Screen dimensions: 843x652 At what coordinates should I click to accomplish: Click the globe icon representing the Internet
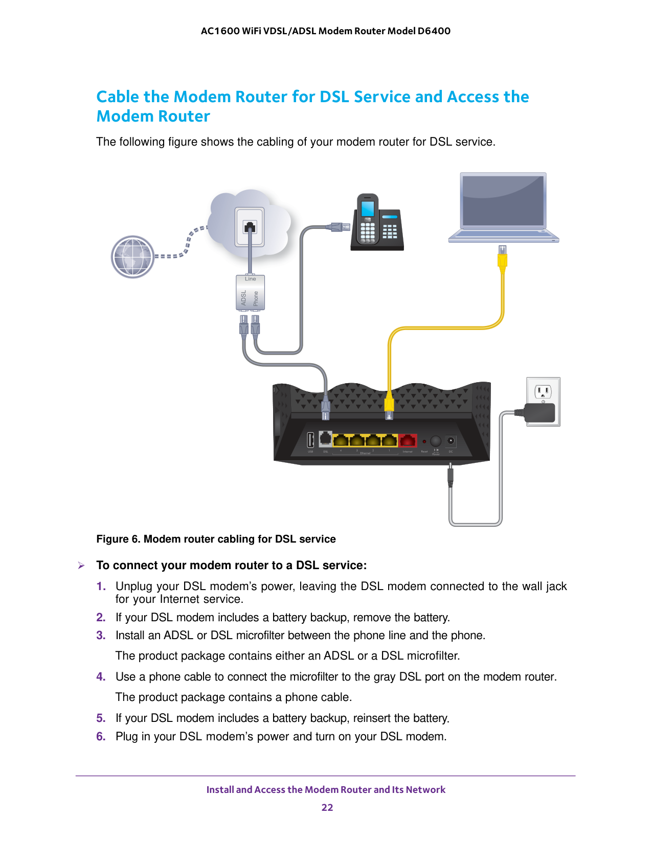click(133, 256)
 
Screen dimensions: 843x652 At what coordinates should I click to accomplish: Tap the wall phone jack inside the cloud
click(250, 227)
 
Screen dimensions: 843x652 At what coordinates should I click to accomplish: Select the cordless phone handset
click(368, 219)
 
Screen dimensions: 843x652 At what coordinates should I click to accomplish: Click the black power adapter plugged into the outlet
click(541, 413)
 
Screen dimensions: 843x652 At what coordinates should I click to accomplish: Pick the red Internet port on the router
click(408, 440)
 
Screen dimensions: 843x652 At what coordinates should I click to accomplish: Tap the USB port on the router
click(310, 440)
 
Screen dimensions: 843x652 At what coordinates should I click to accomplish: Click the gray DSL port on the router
click(326, 438)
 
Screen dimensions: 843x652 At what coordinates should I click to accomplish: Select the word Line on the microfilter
click(250, 279)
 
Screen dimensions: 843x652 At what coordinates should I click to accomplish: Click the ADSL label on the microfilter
click(244, 298)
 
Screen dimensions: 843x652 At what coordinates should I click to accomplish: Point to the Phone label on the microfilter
click(256, 298)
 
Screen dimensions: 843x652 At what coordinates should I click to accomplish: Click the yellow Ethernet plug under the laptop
click(502, 260)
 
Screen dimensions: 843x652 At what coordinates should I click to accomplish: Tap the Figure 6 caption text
click(216, 539)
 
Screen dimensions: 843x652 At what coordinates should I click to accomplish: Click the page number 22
click(327, 807)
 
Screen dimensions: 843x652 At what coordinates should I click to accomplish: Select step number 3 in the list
click(101, 635)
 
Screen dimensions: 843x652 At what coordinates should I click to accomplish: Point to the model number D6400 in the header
click(434, 31)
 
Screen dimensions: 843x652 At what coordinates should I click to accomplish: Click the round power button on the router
click(436, 440)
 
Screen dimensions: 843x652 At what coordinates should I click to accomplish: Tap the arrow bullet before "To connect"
click(81, 566)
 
